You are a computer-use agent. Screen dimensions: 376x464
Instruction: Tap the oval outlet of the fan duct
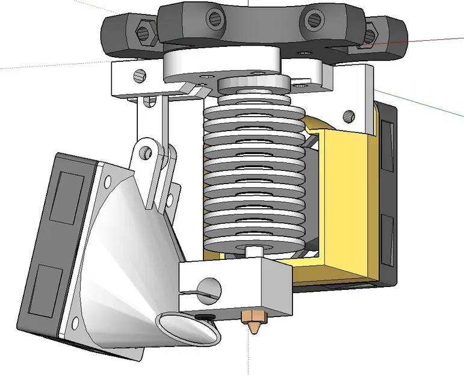187,330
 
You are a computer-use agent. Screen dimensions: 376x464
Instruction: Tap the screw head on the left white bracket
140,76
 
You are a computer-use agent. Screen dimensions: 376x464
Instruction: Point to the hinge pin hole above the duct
146,152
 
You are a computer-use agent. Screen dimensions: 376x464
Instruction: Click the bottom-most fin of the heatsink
253,239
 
